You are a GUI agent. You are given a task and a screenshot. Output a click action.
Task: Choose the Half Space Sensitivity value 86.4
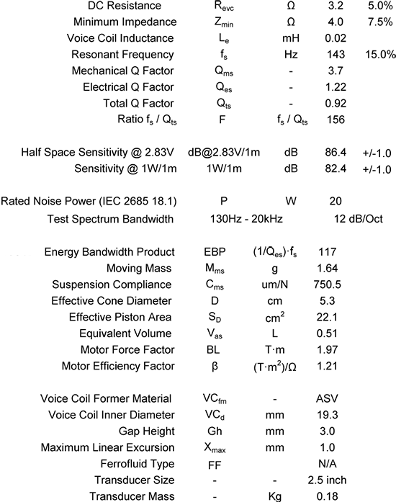pyautogui.click(x=336, y=153)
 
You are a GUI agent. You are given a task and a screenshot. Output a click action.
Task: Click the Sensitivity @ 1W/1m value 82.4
pyautogui.click(x=336, y=169)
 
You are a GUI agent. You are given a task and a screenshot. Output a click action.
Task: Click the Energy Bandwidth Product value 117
pyautogui.click(x=335, y=252)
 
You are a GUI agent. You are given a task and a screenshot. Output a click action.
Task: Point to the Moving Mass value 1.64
pyautogui.click(x=336, y=268)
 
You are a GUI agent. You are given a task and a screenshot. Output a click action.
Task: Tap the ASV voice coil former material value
pyautogui.click(x=335, y=398)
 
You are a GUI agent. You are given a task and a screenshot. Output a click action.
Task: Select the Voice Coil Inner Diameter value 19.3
pyautogui.click(x=336, y=414)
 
